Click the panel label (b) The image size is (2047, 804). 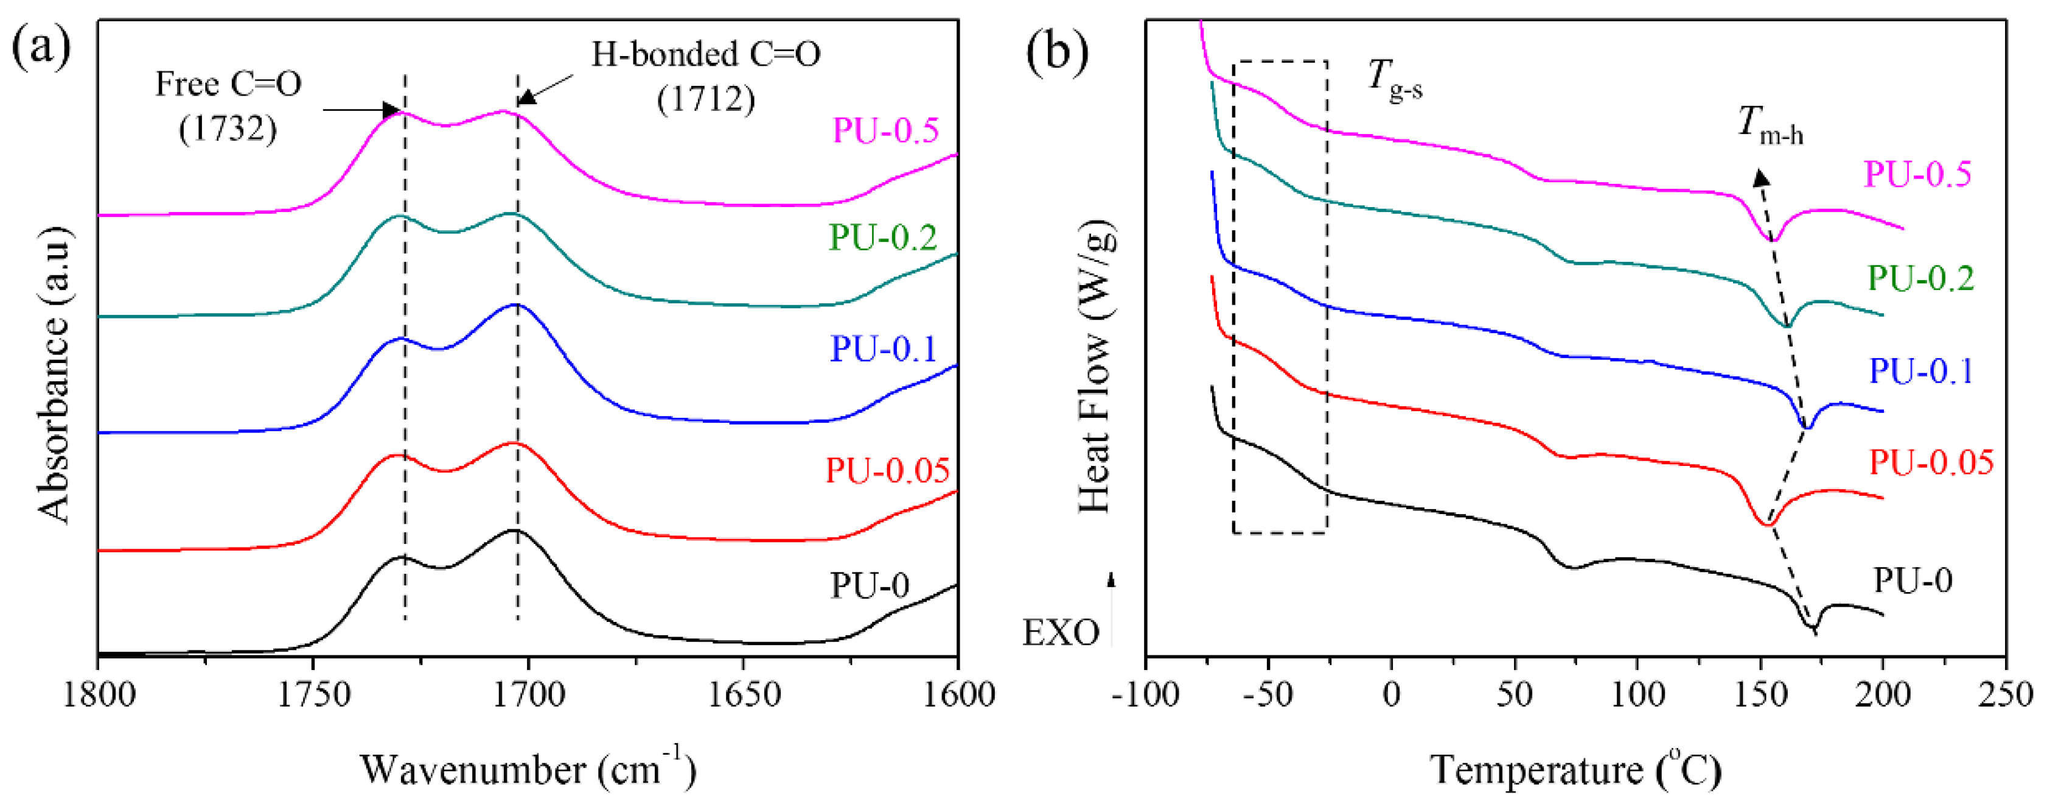pyautogui.click(x=1057, y=52)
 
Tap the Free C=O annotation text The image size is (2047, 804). pyautogui.click(x=228, y=83)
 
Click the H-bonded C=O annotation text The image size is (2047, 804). pyautogui.click(x=706, y=54)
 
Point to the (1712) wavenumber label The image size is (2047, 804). pyautogui.click(x=706, y=99)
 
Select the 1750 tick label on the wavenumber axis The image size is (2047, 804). pyautogui.click(x=313, y=695)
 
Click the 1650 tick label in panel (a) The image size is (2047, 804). pyautogui.click(x=743, y=695)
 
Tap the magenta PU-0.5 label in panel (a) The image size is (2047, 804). pyautogui.click(x=885, y=130)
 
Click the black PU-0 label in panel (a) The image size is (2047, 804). pyautogui.click(x=870, y=585)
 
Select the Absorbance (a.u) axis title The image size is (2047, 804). pyautogui.click(x=54, y=374)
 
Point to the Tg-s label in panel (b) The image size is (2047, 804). pyautogui.click(x=1395, y=80)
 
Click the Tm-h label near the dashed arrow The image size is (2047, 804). pyautogui.click(x=1770, y=125)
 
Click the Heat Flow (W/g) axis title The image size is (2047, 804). pyautogui.click(x=1096, y=366)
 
